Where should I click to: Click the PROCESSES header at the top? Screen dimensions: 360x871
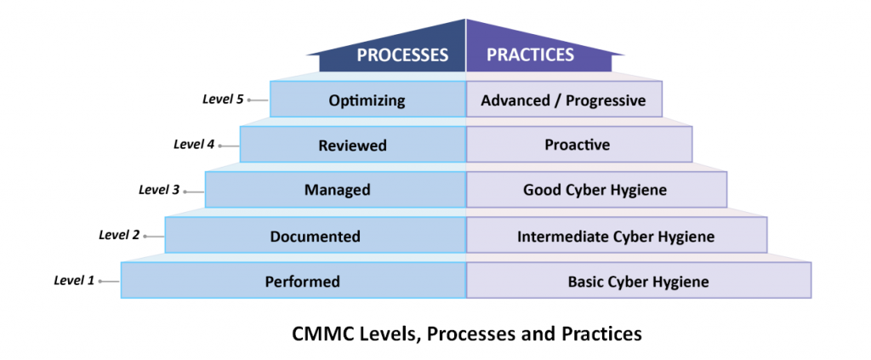pyautogui.click(x=401, y=56)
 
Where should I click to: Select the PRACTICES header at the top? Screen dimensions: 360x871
pyautogui.click(x=530, y=56)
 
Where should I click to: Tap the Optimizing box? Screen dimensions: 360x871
pyautogui.click(x=367, y=100)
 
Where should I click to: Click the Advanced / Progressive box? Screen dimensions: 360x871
pyautogui.click(x=563, y=100)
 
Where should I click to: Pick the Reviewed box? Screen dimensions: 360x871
pyautogui.click(x=352, y=146)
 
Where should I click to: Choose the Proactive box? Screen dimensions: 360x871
pyautogui.click(x=578, y=145)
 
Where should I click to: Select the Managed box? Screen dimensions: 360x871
pyautogui.click(x=337, y=190)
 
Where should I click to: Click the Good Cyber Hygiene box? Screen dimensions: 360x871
pyautogui.click(x=595, y=190)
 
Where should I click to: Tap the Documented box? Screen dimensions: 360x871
pyautogui.click(x=315, y=236)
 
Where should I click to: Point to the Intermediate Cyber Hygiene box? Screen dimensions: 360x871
pyautogui.click(x=616, y=236)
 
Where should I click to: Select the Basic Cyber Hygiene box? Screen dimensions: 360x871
pyautogui.click(x=638, y=281)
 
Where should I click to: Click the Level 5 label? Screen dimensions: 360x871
pyautogui.click(x=223, y=100)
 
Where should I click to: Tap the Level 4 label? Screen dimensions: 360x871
pyautogui.click(x=194, y=144)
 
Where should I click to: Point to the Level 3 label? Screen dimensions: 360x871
pyautogui.click(x=159, y=189)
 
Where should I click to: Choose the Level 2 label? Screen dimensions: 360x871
pyautogui.click(x=119, y=234)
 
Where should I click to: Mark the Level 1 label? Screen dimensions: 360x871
pyautogui.click(x=74, y=279)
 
